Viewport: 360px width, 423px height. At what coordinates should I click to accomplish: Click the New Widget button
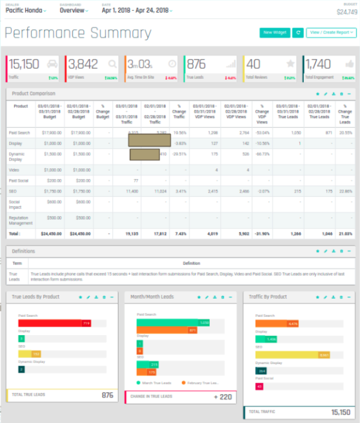(275, 33)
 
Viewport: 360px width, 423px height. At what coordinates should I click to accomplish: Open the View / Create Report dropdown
(331, 33)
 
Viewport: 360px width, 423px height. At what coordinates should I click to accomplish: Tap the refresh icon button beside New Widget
(298, 33)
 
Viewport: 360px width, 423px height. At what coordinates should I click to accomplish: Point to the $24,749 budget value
(346, 11)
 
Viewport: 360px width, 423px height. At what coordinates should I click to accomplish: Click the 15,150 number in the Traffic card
(24, 64)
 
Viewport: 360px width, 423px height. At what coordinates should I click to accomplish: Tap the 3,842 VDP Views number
(83, 64)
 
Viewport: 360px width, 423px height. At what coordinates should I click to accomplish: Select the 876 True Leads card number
(196, 64)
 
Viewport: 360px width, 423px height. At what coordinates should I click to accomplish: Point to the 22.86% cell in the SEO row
(345, 192)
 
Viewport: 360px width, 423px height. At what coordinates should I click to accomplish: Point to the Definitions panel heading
(23, 251)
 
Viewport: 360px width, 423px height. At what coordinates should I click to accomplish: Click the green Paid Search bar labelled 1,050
(173, 322)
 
